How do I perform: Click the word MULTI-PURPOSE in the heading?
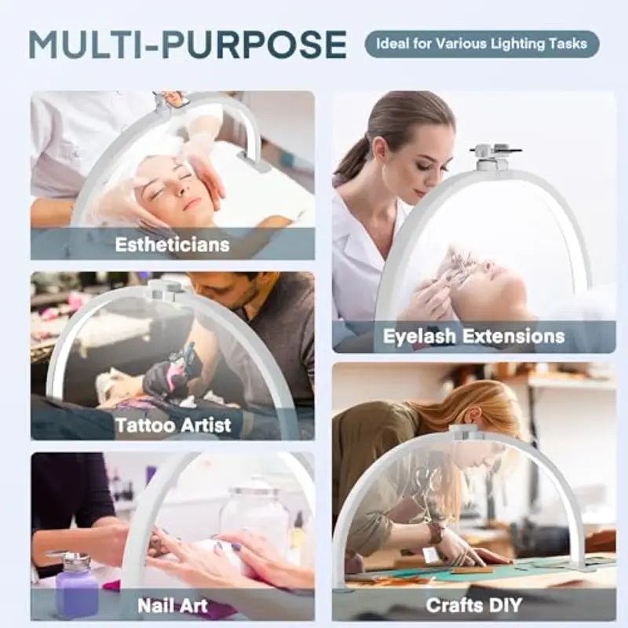pyautogui.click(x=188, y=45)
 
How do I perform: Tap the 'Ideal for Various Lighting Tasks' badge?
pyautogui.click(x=482, y=44)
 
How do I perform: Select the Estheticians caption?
pyautogui.click(x=172, y=244)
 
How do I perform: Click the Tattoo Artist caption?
pyautogui.click(x=173, y=425)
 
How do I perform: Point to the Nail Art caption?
pyautogui.click(x=173, y=605)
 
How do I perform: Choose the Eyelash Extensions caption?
pyautogui.click(x=474, y=336)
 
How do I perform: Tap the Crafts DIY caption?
pyautogui.click(x=474, y=605)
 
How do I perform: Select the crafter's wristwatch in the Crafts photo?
pyautogui.click(x=435, y=533)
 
